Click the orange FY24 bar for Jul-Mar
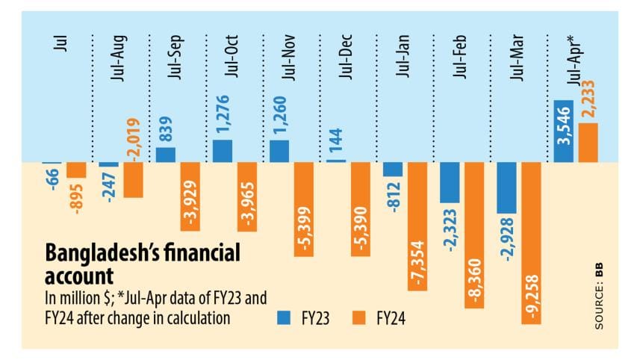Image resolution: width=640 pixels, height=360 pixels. pyautogui.click(x=531, y=243)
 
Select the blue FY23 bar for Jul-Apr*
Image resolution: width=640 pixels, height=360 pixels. pyautogui.click(x=563, y=131)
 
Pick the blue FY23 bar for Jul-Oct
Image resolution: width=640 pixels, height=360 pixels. pyautogui.click(x=222, y=151)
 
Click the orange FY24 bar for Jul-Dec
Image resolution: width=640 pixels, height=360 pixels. pyautogui.click(x=360, y=210)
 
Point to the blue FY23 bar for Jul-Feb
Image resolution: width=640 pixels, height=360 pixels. pyautogui.click(x=450, y=182)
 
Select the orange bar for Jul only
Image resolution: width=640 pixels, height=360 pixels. pyautogui.click(x=76, y=170)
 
